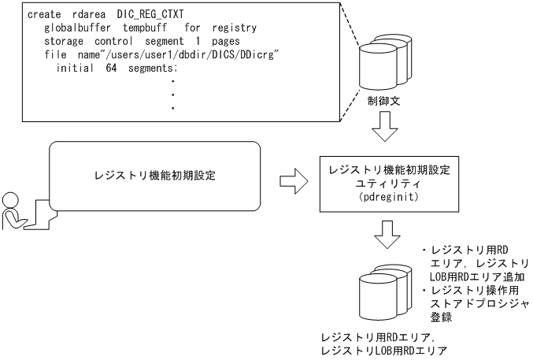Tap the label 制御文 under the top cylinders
383,101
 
